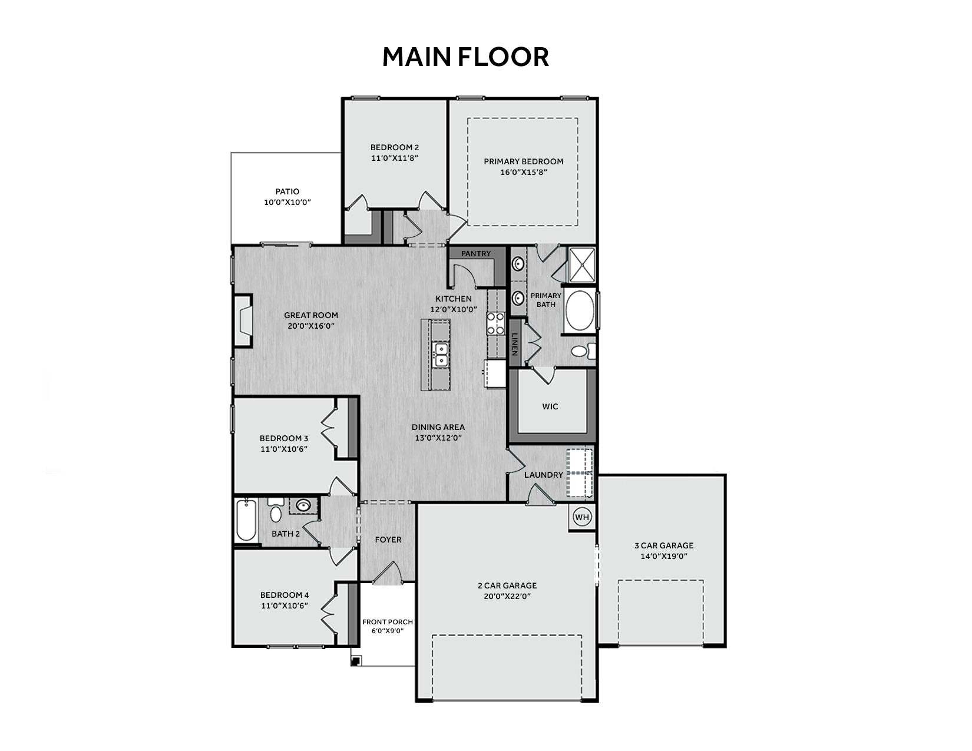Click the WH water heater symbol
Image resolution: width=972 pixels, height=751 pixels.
pyautogui.click(x=581, y=518)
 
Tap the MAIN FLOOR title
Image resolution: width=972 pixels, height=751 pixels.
pyautogui.click(x=465, y=57)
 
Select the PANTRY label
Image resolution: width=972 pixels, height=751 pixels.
pyautogui.click(x=476, y=254)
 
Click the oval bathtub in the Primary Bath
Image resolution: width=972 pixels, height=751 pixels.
pyautogui.click(x=580, y=311)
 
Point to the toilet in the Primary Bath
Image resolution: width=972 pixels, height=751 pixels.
pyautogui.click(x=583, y=350)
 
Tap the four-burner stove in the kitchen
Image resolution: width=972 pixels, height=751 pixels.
pyautogui.click(x=495, y=323)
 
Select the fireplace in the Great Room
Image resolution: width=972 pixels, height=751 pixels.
pyautogui.click(x=243, y=320)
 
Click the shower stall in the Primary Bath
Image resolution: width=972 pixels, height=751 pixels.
pyautogui.click(x=582, y=265)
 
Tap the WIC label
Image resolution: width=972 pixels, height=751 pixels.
pyautogui.click(x=550, y=406)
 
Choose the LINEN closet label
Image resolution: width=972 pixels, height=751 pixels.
pyautogui.click(x=515, y=344)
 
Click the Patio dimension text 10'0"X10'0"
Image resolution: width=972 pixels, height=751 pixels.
pyautogui.click(x=287, y=202)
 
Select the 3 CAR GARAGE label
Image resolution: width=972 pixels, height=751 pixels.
pyautogui.click(x=664, y=545)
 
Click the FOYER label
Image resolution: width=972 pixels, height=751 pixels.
pyautogui.click(x=388, y=540)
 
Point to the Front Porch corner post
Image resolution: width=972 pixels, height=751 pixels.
pyautogui.click(x=356, y=660)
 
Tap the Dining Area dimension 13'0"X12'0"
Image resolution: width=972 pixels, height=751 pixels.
pyautogui.click(x=438, y=438)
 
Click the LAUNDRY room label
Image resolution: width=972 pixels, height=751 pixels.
pyautogui.click(x=544, y=475)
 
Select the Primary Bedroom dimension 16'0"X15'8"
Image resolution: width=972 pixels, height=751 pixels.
pyautogui.click(x=523, y=172)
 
